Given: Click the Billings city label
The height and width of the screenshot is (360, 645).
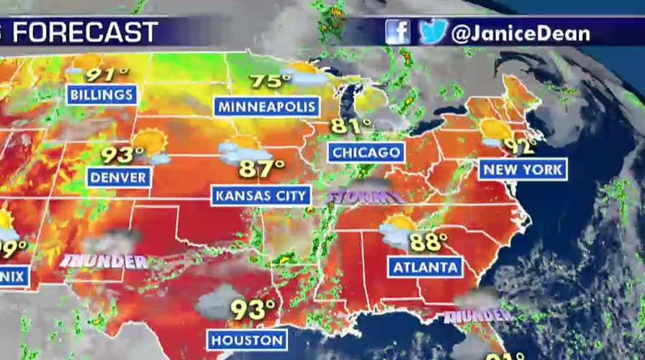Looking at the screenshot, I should tap(102, 94).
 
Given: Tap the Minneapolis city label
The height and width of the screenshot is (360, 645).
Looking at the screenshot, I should tap(267, 107).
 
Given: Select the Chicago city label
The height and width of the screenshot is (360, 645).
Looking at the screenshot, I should tap(366, 153).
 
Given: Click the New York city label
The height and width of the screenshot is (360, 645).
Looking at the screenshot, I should tap(523, 170).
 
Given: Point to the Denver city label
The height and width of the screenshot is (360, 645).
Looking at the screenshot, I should tap(118, 177).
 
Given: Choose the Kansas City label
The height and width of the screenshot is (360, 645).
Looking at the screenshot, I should tap(261, 196).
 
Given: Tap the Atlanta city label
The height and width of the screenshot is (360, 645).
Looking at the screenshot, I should tap(425, 268).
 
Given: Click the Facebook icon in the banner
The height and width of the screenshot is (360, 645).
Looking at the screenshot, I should tap(397, 32).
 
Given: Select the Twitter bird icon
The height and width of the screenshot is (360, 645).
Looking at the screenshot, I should tap(433, 32).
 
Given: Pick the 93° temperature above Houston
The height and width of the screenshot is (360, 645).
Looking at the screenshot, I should tap(253, 310).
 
